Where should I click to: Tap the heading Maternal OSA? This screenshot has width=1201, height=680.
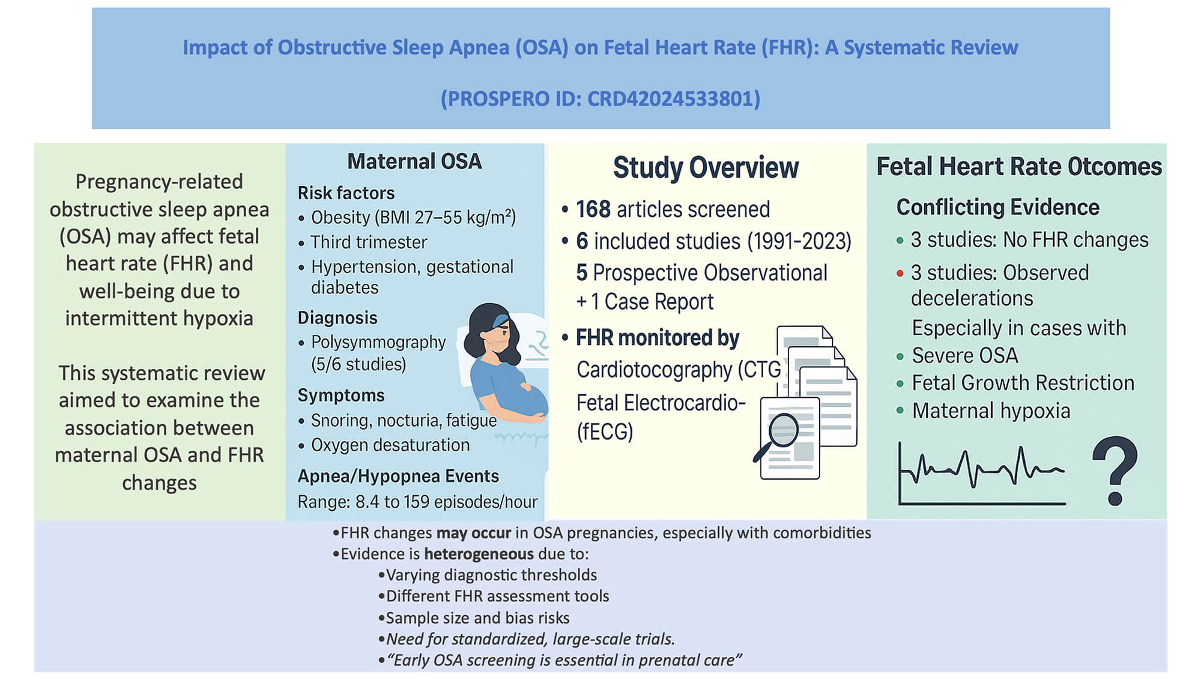coord(414,161)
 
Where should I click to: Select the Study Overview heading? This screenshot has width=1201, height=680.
coord(706,167)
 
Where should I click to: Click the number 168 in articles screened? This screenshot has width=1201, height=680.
coord(593,209)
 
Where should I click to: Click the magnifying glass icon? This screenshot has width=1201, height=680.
coord(781,432)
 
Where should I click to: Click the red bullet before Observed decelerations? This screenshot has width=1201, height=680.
coord(900,274)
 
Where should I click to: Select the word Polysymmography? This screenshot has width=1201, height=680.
coord(378,342)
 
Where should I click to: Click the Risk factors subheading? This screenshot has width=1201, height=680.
coord(346,193)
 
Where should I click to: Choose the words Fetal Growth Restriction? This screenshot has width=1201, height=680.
coord(1023,383)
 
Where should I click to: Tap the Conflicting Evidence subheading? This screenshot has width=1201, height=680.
coord(997,208)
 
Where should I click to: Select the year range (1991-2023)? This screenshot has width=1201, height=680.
coord(799,241)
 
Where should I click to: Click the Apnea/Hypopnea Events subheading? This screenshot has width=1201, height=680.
coord(398,476)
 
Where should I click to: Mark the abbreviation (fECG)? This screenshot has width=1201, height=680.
coord(605,432)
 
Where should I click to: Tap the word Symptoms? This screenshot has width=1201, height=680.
coord(341,396)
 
